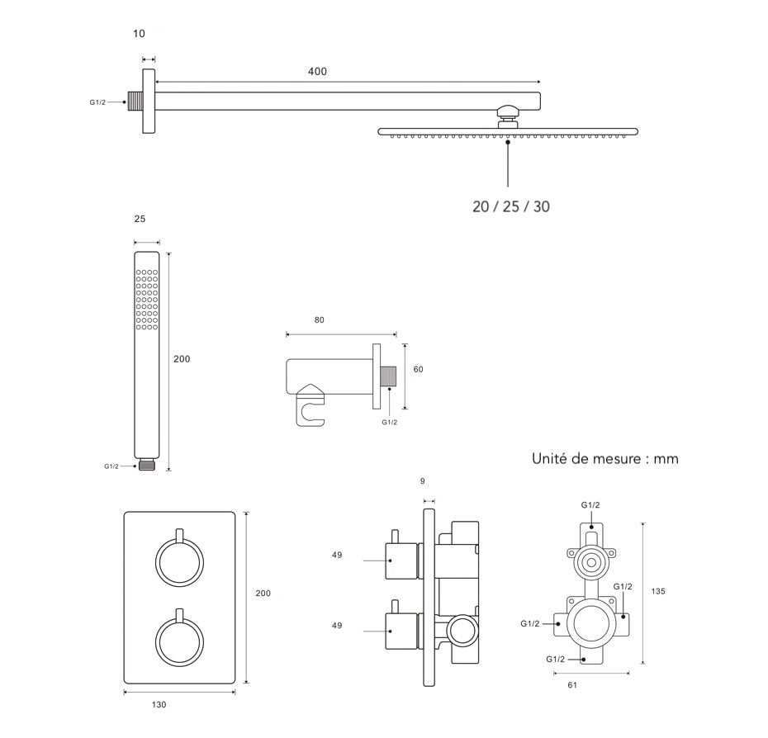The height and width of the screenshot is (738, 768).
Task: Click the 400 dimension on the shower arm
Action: click(x=317, y=72)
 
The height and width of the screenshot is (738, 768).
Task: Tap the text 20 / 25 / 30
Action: click(x=510, y=206)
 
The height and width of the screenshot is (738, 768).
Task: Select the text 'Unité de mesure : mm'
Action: click(x=605, y=458)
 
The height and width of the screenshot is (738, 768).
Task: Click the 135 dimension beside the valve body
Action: click(x=658, y=591)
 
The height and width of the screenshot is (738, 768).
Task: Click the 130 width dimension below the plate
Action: click(x=159, y=704)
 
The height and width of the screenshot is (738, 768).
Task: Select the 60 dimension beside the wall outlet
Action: click(x=418, y=369)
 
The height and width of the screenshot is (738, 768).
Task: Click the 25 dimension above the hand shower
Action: click(x=139, y=219)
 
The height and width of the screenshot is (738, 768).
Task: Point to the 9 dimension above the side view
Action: click(x=423, y=480)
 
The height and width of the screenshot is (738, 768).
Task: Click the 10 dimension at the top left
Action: click(x=139, y=34)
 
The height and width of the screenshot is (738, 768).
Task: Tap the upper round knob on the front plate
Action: click(x=179, y=564)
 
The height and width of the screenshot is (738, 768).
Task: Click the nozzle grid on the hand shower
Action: click(x=147, y=299)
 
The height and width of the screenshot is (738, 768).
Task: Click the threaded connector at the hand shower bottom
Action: click(x=147, y=465)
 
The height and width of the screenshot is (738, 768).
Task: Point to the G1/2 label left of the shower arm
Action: click(x=97, y=102)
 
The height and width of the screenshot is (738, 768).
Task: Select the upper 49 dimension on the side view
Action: click(x=337, y=555)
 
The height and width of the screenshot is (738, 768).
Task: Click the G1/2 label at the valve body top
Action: click(x=590, y=504)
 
